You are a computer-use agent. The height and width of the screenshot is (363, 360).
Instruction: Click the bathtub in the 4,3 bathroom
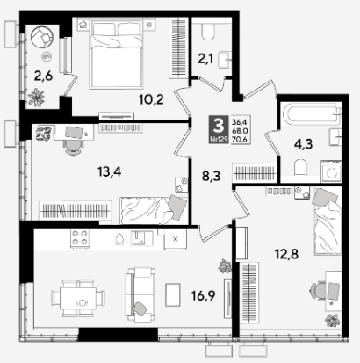[311, 114]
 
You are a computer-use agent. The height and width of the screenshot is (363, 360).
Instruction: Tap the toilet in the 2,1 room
[208, 32]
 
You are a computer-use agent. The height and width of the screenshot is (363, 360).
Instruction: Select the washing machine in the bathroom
[331, 171]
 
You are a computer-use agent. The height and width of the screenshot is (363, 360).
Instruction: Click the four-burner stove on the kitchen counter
[80, 238]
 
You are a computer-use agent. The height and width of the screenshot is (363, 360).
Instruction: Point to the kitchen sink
[141, 237]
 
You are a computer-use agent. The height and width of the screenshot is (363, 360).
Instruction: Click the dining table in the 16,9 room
[78, 298]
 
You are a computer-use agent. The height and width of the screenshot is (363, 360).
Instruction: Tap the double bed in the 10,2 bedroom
[117, 54]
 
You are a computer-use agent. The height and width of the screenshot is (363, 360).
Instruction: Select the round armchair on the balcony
[42, 37]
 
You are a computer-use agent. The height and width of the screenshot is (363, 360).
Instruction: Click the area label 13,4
[110, 171]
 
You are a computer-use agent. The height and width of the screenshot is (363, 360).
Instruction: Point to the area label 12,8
[286, 254]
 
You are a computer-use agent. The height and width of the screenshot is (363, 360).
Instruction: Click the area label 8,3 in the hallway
[211, 177]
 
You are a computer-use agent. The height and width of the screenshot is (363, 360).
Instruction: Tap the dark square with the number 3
[219, 129]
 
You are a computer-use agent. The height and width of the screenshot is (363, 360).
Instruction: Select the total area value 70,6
[240, 140]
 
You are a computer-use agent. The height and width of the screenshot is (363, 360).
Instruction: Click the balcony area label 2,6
[43, 76]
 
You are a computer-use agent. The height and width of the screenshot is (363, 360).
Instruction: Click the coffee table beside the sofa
[173, 294]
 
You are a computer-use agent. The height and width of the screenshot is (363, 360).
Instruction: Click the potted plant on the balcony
[36, 97]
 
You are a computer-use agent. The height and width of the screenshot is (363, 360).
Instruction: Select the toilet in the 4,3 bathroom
[301, 167]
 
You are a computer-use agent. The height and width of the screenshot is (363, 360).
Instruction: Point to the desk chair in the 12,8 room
[318, 292]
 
